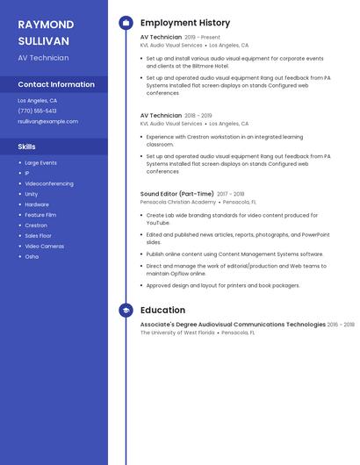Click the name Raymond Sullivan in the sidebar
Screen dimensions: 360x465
(x=46, y=32)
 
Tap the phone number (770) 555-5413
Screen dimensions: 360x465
(x=37, y=111)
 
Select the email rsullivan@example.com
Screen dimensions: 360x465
(x=47, y=122)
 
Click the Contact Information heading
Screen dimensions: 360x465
(x=56, y=85)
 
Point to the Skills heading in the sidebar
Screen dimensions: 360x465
(x=26, y=147)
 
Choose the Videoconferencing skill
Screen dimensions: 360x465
(x=49, y=183)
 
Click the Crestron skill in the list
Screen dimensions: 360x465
(x=36, y=225)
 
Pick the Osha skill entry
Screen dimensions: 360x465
(x=32, y=257)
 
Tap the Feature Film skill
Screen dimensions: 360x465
(x=40, y=215)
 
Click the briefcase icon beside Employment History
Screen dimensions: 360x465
(x=126, y=23)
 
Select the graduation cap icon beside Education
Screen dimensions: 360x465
(x=126, y=311)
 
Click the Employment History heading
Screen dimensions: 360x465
(x=185, y=23)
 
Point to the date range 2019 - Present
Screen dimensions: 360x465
(x=203, y=38)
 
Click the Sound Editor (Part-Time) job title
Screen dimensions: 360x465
(x=176, y=194)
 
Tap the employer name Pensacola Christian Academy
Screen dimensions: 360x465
(x=177, y=202)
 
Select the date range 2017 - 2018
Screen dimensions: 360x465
(x=231, y=194)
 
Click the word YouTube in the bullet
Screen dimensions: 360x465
(x=158, y=224)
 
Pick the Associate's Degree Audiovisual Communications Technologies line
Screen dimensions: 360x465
(x=233, y=325)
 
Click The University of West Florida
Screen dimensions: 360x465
(x=177, y=333)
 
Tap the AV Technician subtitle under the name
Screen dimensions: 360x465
(x=43, y=58)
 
